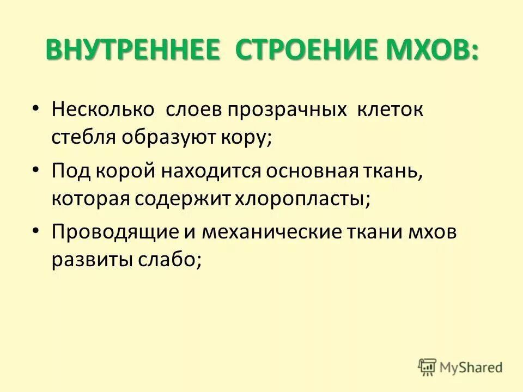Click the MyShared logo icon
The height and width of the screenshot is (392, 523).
coord(428,366)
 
